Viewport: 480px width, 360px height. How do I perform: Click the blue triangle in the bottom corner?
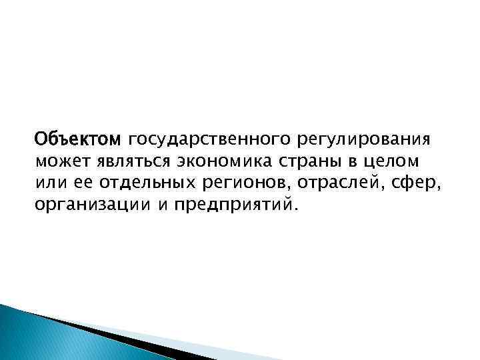[40, 337]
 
